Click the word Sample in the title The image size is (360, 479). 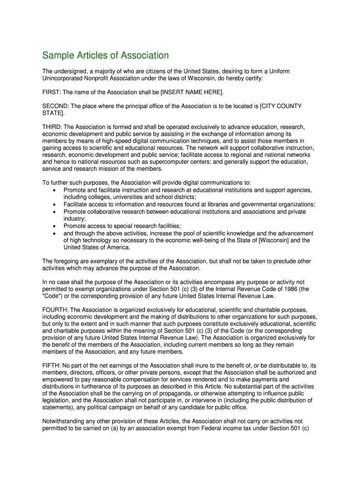pos(58,56)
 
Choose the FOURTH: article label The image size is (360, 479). pos(55,310)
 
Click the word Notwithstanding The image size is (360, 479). pos(65,421)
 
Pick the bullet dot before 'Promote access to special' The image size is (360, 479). pos(55,226)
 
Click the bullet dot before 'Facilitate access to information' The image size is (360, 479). pos(55,205)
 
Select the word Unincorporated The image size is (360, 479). pos(64,78)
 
